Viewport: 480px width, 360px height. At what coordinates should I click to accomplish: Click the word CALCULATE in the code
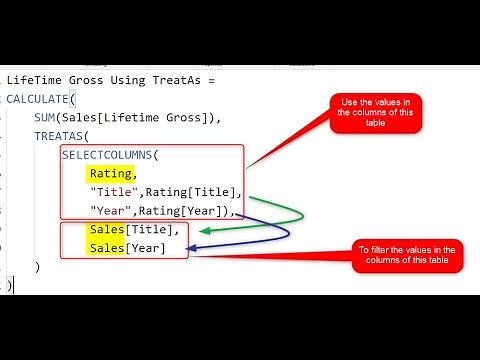(x=40, y=99)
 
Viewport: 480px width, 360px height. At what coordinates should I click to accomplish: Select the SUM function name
(x=46, y=118)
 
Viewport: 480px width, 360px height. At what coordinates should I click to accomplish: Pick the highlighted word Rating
(x=110, y=174)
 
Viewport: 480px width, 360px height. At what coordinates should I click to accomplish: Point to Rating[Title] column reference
(x=193, y=192)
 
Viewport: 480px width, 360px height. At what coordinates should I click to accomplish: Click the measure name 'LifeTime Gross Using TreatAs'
(x=100, y=80)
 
